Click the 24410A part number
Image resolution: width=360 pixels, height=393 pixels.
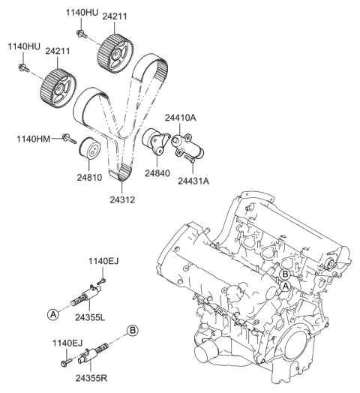[181, 118]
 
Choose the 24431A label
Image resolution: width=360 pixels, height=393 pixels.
[193, 179]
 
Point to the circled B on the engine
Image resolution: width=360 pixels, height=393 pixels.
[286, 275]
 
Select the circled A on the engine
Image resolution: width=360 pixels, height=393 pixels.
[285, 286]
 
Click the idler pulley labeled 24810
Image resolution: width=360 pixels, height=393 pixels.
[91, 150]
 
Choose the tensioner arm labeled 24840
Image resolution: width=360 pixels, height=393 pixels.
[154, 142]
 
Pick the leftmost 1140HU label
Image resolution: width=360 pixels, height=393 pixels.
[23, 46]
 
